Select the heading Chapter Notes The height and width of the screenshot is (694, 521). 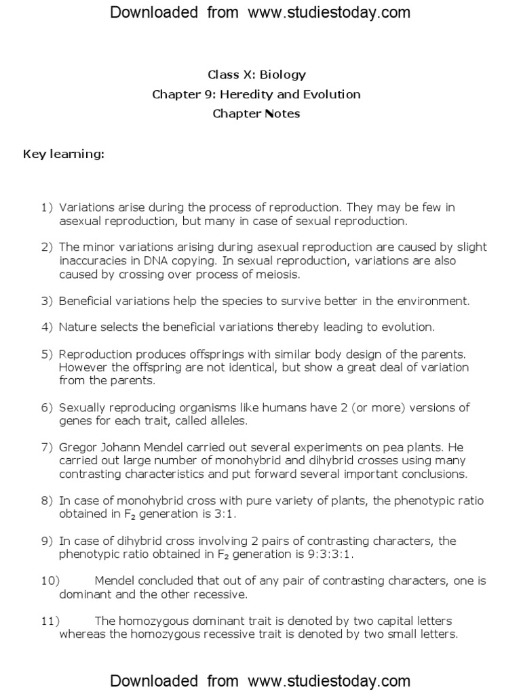256,113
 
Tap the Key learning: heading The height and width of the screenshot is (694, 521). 64,154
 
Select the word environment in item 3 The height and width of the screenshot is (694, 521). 434,300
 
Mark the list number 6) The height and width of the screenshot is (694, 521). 47,407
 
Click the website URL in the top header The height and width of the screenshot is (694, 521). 329,12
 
